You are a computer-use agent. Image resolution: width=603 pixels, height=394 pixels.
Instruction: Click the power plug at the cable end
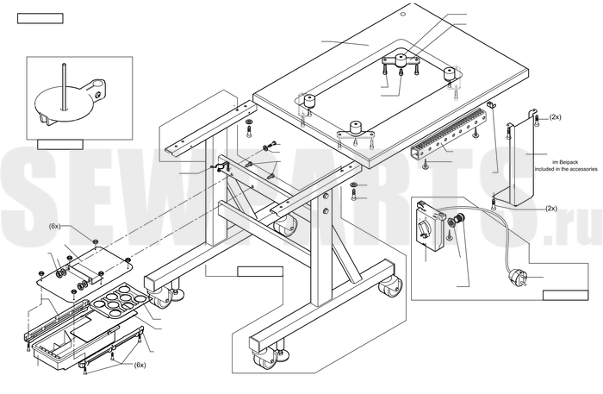click(x=518, y=276)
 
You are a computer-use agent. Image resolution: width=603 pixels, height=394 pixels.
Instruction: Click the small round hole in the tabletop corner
click(x=402, y=15)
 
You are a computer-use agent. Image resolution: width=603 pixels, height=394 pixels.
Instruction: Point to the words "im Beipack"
click(x=565, y=162)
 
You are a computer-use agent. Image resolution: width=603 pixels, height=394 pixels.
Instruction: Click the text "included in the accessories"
click(x=566, y=169)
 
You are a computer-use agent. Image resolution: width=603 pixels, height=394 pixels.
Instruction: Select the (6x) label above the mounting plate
click(x=54, y=226)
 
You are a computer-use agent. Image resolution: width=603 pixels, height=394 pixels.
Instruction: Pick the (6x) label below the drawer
click(x=140, y=365)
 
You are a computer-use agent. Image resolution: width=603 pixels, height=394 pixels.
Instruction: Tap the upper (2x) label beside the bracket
click(x=555, y=117)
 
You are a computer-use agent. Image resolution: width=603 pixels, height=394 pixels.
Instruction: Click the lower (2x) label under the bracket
click(x=551, y=208)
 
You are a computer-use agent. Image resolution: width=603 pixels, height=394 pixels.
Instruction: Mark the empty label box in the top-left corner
click(x=40, y=18)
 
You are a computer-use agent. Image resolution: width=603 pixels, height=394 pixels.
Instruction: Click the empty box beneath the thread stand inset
click(x=60, y=144)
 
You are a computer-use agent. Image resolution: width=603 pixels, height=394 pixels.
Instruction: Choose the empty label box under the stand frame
click(x=260, y=272)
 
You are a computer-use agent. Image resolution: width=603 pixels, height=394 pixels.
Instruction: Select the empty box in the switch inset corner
click(x=565, y=296)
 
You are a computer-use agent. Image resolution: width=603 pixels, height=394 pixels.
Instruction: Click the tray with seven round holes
click(x=120, y=300)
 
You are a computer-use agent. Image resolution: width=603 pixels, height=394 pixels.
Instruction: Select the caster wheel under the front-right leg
click(x=389, y=287)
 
